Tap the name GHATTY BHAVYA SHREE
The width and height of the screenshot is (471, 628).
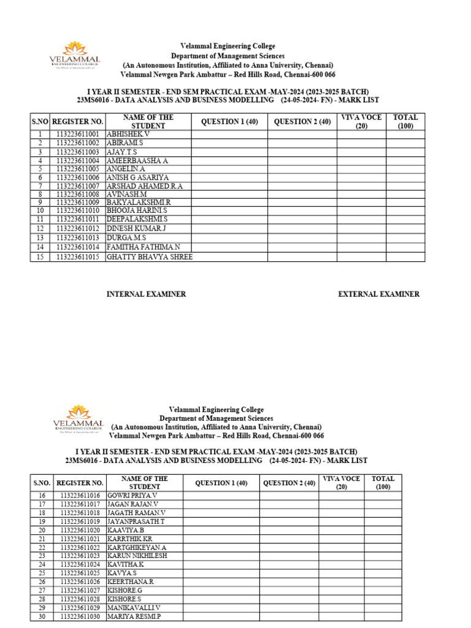(149, 257)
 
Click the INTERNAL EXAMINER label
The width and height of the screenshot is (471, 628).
(146, 294)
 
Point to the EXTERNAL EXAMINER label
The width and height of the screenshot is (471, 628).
(379, 294)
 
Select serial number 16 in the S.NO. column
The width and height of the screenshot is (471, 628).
(42, 495)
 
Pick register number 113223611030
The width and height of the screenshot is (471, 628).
(80, 616)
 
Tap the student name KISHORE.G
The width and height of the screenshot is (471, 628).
(124, 590)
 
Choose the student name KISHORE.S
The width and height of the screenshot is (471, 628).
(124, 599)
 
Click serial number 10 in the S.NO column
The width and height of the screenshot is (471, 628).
(40, 211)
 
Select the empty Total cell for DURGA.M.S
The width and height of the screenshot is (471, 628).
(405, 238)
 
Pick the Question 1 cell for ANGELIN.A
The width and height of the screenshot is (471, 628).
(229, 169)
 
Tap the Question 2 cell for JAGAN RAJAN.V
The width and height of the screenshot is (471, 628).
(289, 504)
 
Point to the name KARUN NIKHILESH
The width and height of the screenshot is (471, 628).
(137, 556)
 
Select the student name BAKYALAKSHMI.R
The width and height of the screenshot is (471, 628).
(139, 202)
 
